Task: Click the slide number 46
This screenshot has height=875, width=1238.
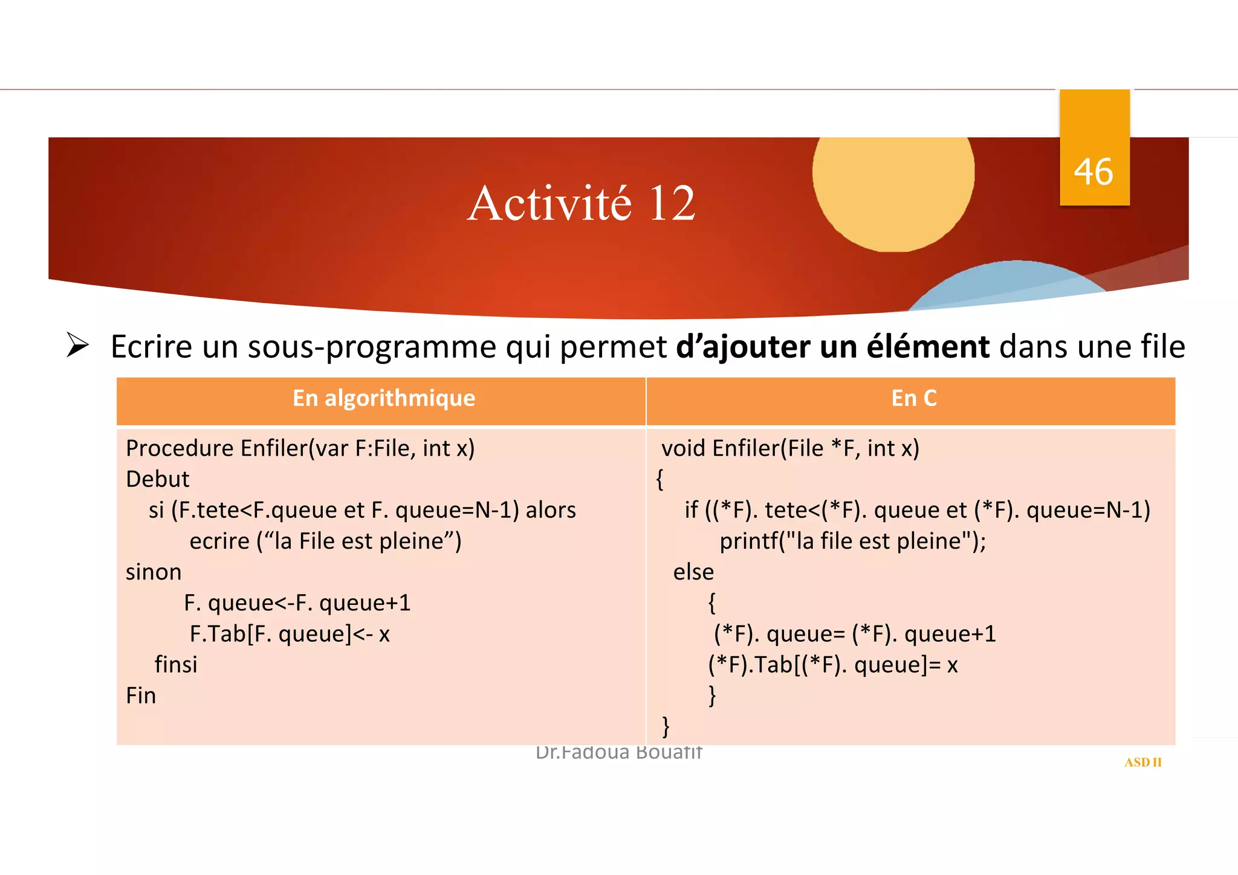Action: [1093, 172]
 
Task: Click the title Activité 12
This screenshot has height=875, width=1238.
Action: [581, 204]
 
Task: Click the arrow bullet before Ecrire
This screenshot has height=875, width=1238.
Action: [77, 346]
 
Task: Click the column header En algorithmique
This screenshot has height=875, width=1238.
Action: [384, 398]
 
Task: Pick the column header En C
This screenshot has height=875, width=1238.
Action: [913, 398]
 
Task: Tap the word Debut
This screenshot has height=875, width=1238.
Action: [157, 479]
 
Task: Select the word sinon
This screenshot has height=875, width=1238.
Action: [154, 572]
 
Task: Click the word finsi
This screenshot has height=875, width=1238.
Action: [176, 665]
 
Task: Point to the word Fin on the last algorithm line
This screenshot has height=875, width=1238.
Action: [141, 696]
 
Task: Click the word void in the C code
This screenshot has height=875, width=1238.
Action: [683, 448]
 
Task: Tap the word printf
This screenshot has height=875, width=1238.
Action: [748, 541]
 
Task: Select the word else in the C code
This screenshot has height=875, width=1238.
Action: [693, 572]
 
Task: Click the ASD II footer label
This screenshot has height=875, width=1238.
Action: [1142, 763]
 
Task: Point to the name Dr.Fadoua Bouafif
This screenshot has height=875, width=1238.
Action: [618, 753]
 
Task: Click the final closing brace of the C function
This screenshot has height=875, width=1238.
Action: [666, 726]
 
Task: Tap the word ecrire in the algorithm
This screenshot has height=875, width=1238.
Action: [219, 541]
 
